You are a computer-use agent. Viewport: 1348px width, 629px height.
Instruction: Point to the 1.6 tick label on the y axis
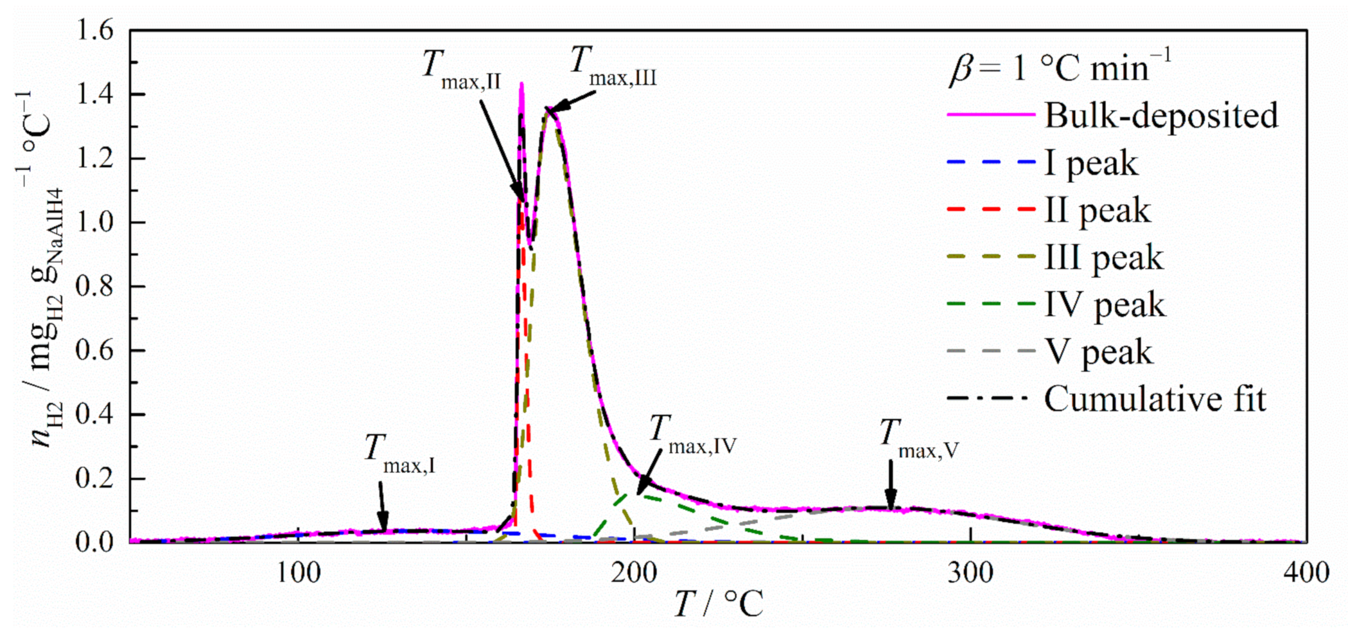[95, 31]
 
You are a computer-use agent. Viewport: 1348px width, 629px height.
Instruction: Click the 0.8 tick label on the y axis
[95, 287]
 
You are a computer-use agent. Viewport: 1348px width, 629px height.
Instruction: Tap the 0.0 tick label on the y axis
[95, 542]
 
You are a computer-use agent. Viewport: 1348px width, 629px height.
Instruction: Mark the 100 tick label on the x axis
[299, 572]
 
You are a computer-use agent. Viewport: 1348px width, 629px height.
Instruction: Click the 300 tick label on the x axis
[970, 572]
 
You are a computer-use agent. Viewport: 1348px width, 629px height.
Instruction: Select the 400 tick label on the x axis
[1306, 572]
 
